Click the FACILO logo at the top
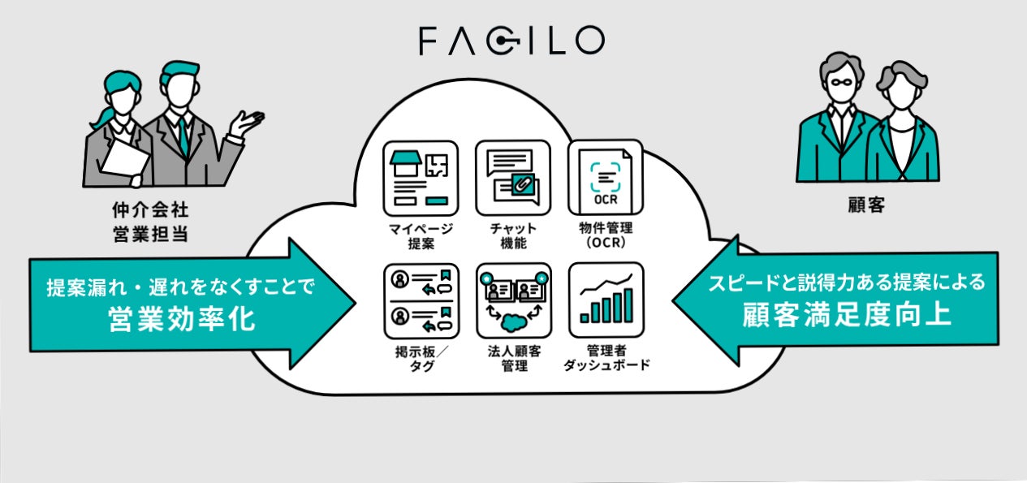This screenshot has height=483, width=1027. (511, 41)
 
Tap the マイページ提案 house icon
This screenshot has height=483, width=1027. (420, 178)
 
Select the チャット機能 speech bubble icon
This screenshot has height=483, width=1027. (513, 178)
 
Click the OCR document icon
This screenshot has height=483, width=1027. (606, 178)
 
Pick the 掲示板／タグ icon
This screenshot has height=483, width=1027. (420, 300)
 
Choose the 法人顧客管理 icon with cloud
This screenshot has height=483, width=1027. (513, 300)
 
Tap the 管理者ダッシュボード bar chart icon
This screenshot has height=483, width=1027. (606, 300)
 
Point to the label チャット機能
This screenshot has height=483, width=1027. (513, 235)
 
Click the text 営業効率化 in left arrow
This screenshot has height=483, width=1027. (181, 320)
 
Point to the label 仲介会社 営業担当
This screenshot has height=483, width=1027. (155, 223)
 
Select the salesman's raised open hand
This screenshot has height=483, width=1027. (247, 123)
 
